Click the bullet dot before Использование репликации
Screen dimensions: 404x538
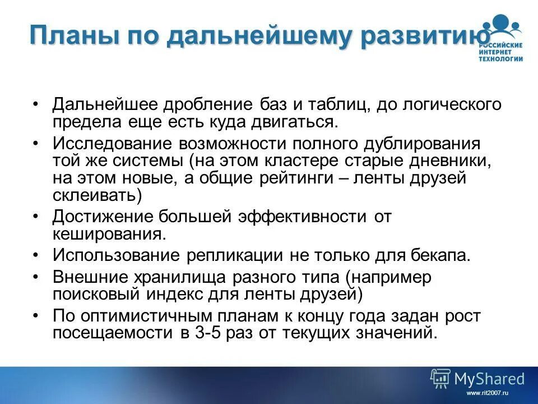pyautogui.click(x=36, y=256)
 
